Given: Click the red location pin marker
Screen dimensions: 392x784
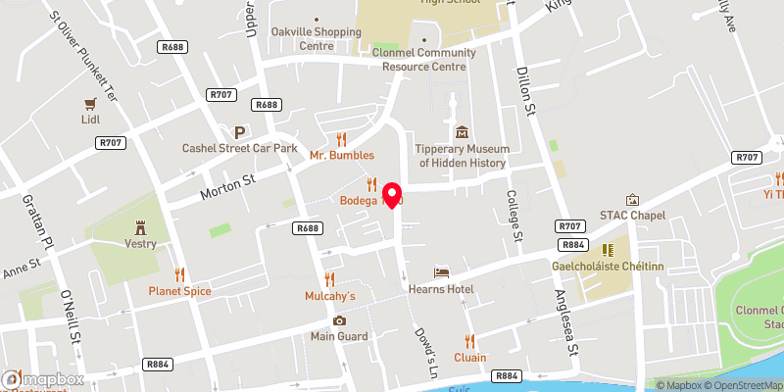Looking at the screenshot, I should (393, 193).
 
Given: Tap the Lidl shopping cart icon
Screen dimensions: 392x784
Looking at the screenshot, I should (90, 103).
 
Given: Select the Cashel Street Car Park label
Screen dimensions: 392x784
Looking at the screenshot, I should (239, 148).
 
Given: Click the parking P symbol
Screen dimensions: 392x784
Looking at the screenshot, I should (238, 131).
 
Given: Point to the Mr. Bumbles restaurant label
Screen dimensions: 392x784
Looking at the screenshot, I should (342, 155).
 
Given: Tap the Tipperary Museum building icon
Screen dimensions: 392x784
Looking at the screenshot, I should (462, 132).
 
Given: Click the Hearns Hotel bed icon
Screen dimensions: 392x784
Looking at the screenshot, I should (442, 271).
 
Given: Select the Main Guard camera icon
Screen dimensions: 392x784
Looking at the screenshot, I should (339, 320).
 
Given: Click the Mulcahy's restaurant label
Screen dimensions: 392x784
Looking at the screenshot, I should (329, 295).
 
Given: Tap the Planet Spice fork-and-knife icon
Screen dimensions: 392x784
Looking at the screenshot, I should (179, 274).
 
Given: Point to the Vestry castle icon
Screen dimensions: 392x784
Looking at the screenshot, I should (140, 226).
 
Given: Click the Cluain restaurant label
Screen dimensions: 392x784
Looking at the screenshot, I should (469, 358).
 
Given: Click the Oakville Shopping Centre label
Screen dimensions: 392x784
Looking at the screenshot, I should (317, 38).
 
